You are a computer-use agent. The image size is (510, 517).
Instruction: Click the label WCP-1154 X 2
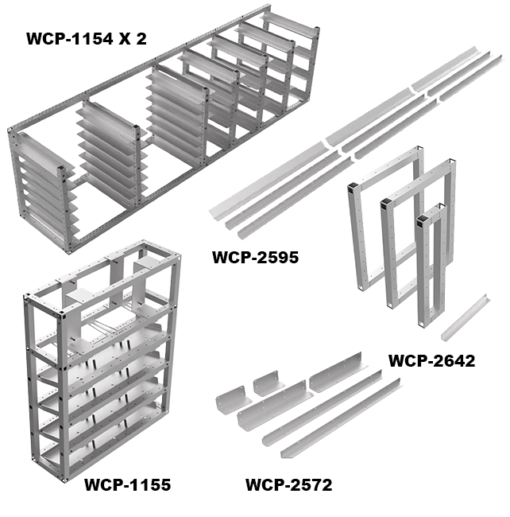coord(87,39)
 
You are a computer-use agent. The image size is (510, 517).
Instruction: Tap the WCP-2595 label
coord(256,257)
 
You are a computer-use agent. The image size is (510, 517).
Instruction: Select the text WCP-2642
coord(431,361)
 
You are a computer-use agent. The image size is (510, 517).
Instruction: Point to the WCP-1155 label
coord(128,484)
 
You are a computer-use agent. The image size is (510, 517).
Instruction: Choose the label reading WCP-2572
coord(288,484)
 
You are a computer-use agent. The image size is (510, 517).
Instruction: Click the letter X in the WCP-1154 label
coord(125,39)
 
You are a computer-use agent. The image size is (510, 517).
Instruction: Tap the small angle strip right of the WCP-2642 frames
coord(465,317)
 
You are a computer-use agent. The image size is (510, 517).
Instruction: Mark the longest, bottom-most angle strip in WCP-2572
coord(341,418)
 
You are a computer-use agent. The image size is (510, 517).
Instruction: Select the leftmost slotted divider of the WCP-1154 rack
coord(43,185)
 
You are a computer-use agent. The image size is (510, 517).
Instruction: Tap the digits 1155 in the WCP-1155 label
coord(149,484)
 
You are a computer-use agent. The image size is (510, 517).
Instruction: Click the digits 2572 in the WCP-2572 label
coord(310,484)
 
